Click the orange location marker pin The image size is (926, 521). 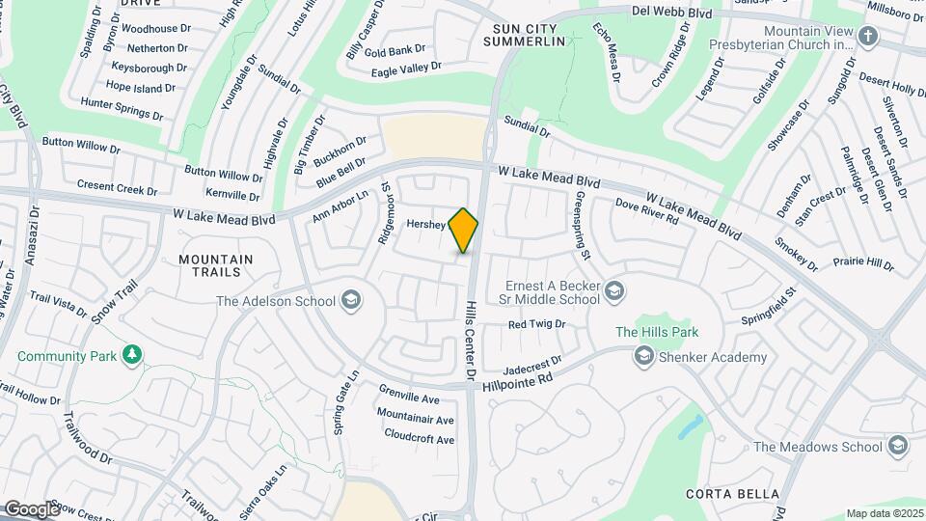464,230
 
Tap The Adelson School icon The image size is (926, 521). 351,301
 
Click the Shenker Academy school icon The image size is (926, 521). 643,357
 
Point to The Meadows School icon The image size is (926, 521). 899,446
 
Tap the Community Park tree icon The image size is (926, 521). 132,356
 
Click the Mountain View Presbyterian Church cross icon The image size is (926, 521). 868,37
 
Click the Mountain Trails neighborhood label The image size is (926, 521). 216,266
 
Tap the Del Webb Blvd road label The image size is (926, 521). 671,14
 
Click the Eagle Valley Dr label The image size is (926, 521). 405,68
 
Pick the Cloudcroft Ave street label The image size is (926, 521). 419,439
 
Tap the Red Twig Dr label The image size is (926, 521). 536,324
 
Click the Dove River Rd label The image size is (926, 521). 647,212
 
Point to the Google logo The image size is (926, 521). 31,509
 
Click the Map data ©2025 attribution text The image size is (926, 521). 884,513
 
